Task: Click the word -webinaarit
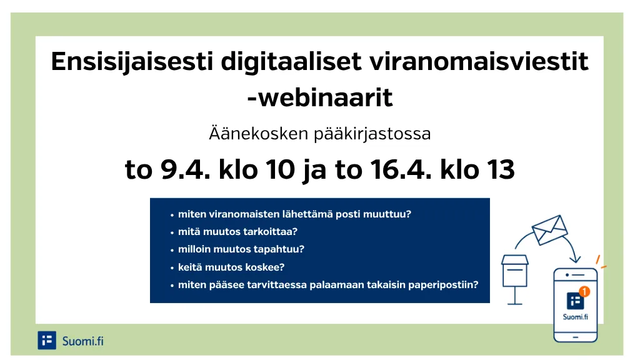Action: point(319,97)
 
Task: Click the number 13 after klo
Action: point(500,169)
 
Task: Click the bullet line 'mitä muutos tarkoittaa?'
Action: point(237,232)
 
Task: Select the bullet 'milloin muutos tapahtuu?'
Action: point(241,249)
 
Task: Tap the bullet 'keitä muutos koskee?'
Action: point(231,267)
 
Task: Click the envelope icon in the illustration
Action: point(548,229)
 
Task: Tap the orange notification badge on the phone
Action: point(585,291)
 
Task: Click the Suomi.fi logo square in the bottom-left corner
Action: point(47,341)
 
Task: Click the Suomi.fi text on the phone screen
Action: point(576,316)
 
